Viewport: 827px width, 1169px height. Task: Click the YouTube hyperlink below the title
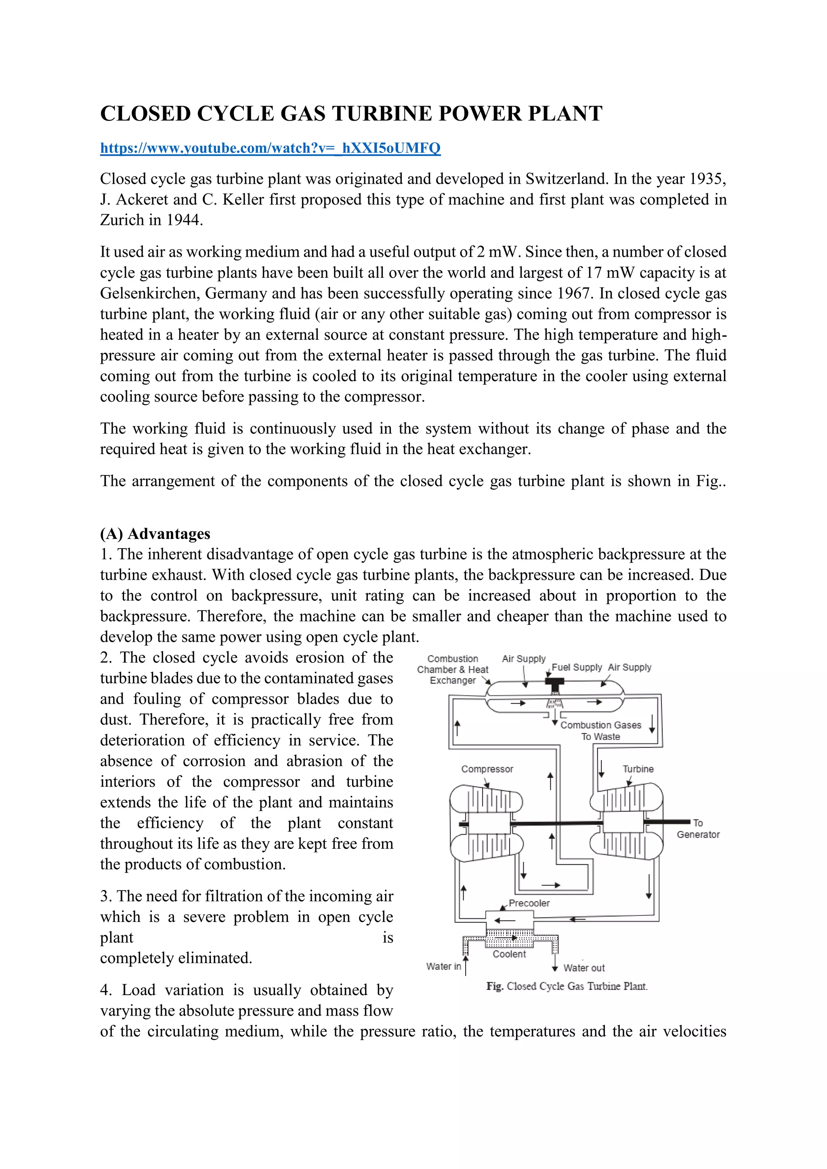[x=270, y=148]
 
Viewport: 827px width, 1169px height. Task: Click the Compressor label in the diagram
[x=487, y=769]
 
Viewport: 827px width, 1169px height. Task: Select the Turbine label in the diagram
[x=638, y=769]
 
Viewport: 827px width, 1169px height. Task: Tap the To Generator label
[x=698, y=828]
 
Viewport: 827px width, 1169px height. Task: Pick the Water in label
[x=443, y=966]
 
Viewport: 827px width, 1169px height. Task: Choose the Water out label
[x=584, y=968]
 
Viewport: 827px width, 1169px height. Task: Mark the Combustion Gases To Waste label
[x=600, y=731]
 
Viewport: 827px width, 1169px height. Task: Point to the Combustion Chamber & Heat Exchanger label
[x=452, y=670]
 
